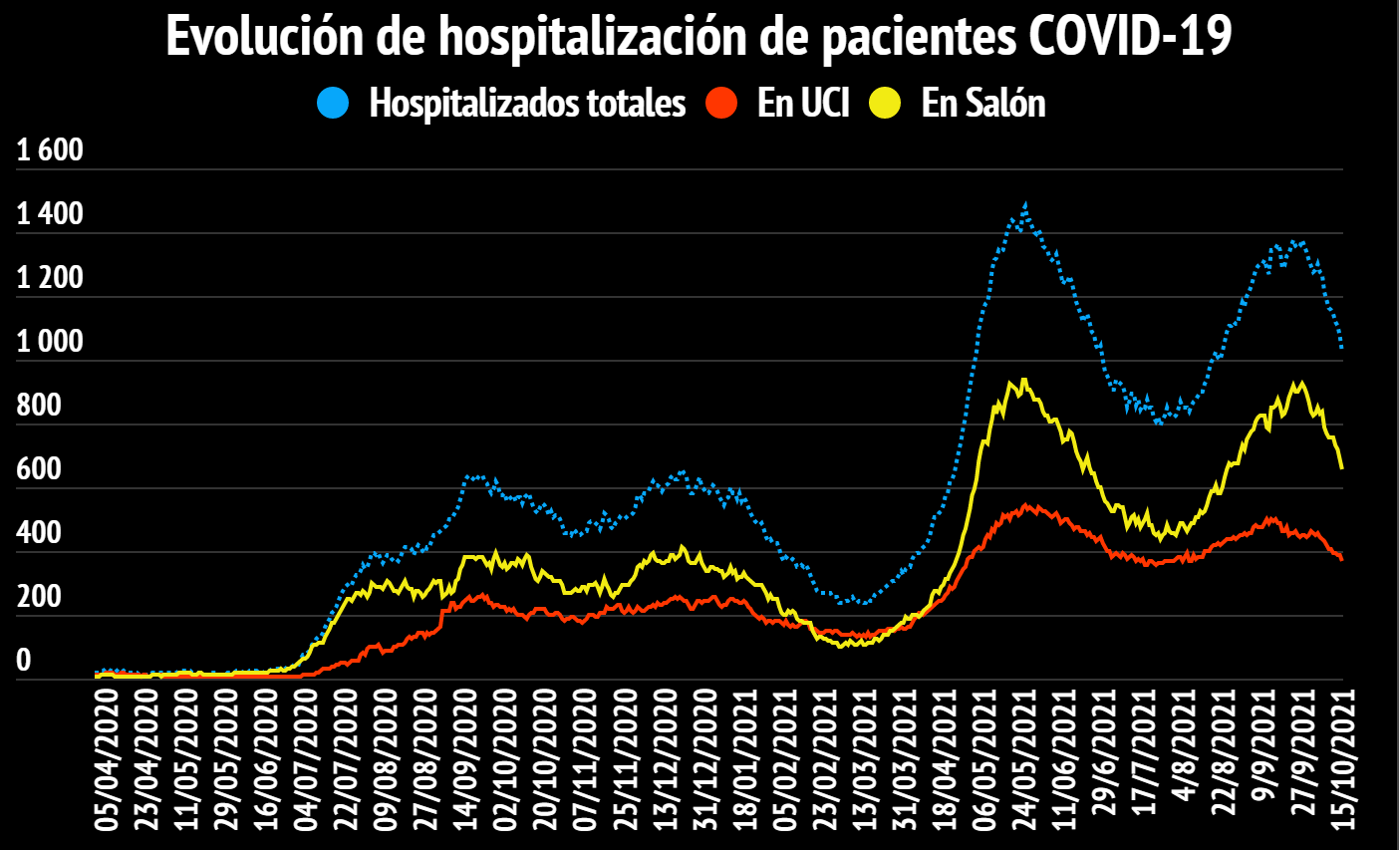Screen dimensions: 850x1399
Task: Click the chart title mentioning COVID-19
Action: (699, 37)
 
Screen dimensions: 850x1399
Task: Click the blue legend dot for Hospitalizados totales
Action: (333, 103)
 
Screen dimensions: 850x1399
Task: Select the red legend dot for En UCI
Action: (720, 103)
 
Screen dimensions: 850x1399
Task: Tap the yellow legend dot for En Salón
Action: (885, 103)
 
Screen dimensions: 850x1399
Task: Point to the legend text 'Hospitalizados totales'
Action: (527, 103)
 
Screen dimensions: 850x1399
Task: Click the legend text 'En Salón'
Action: (983, 103)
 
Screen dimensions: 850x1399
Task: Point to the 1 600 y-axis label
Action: (50, 150)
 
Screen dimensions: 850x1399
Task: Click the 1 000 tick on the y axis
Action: (50, 342)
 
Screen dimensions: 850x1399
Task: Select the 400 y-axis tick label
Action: (39, 533)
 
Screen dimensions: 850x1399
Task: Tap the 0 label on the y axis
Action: (24, 660)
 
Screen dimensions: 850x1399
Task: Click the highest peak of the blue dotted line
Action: (1025, 204)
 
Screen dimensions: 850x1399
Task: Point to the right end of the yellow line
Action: (1342, 467)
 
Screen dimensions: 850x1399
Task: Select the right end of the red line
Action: (1342, 559)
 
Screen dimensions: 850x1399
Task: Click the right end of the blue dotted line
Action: (1342, 347)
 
